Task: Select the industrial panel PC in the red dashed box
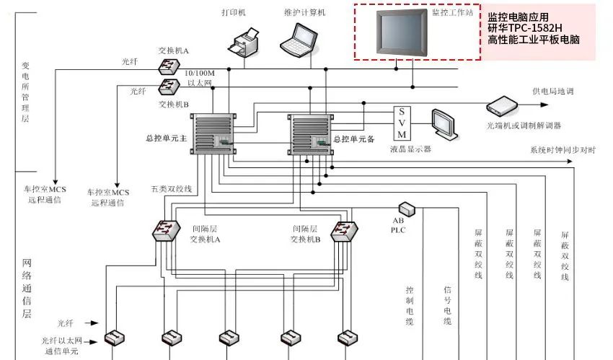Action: point(397,32)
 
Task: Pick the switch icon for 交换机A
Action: point(169,65)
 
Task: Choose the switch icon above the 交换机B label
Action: point(169,87)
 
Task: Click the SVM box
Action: point(402,123)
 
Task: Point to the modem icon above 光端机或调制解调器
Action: point(503,106)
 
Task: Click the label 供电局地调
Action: point(554,92)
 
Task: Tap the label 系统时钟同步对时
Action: point(563,150)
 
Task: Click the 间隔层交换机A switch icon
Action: point(165,231)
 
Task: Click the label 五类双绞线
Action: point(172,189)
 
